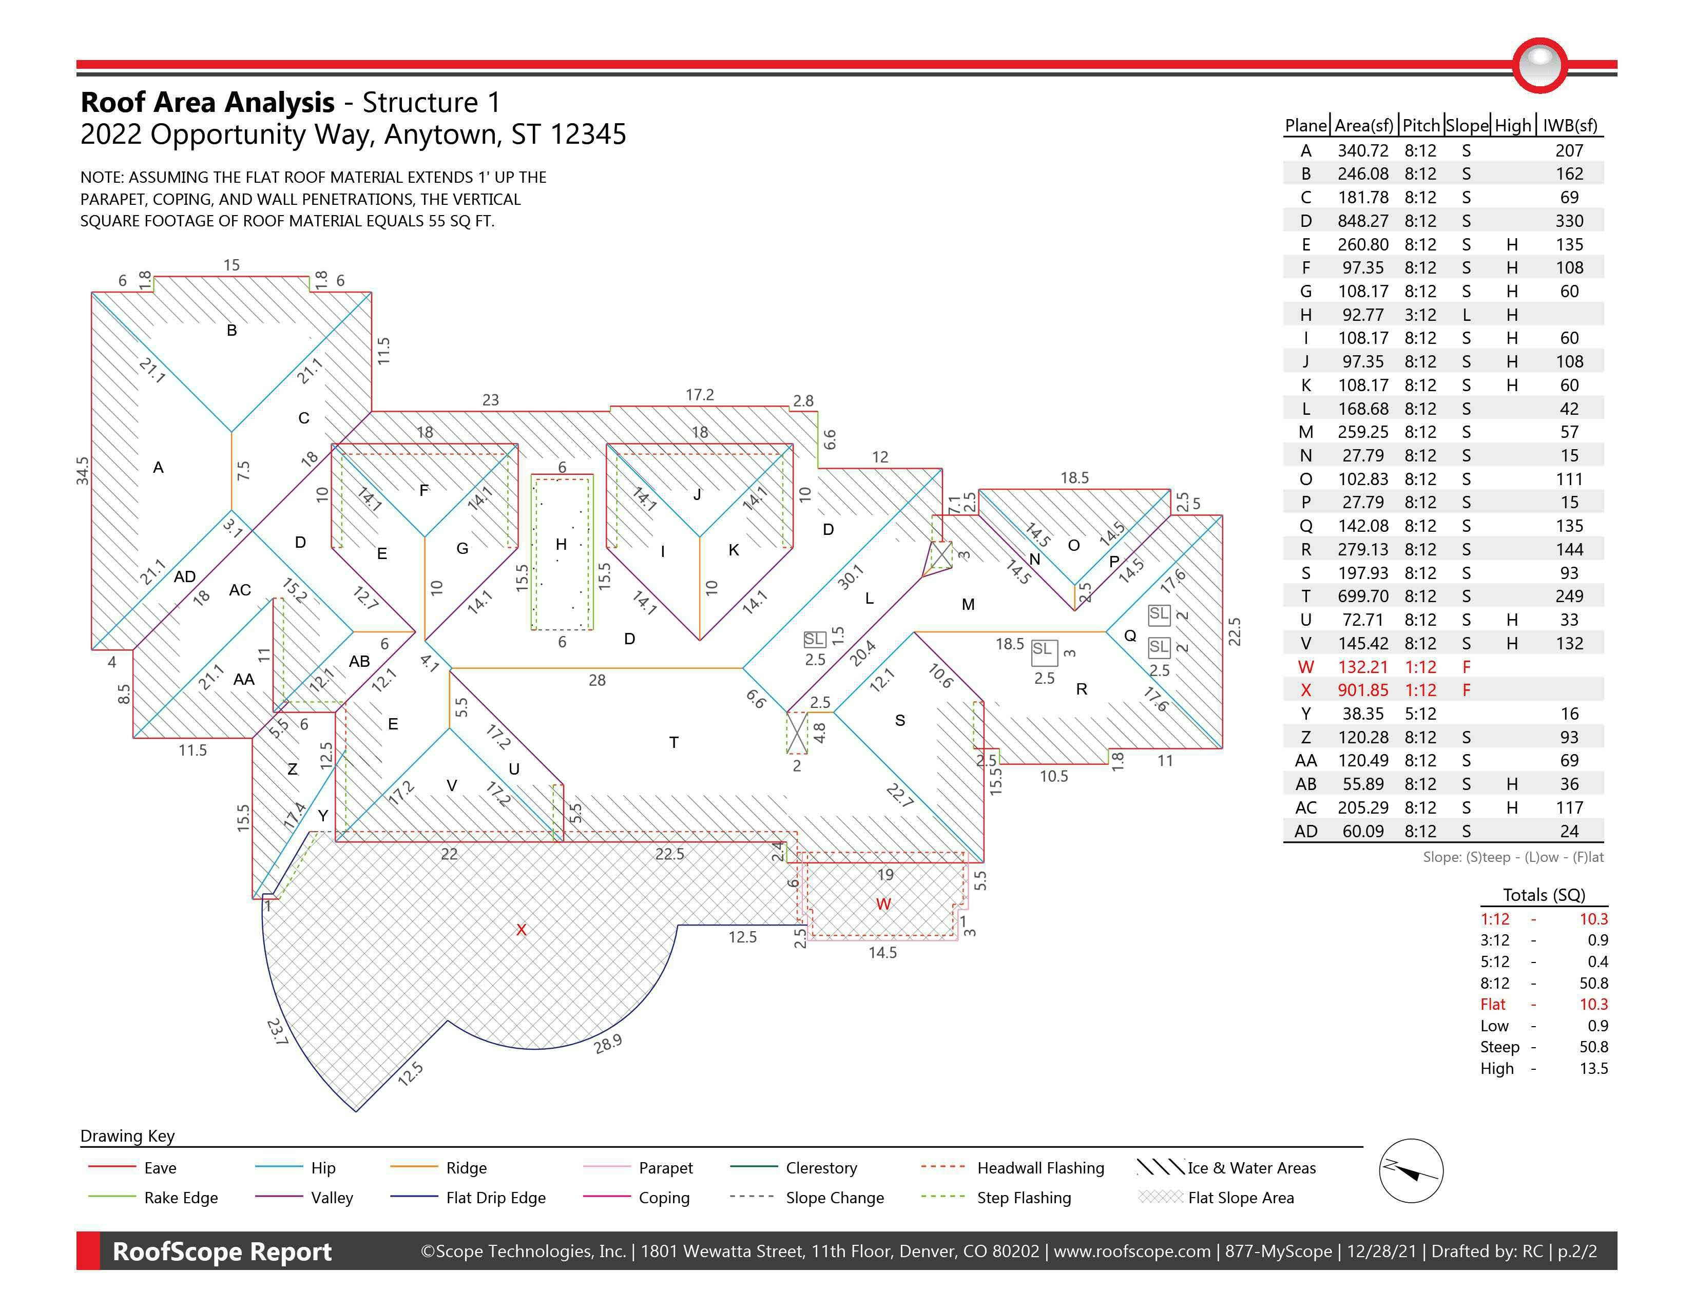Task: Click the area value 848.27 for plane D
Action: [1363, 221]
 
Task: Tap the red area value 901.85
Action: [1363, 690]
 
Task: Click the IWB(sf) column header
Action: [1570, 126]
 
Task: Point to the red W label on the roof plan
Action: [883, 904]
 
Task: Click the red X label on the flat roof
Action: [521, 930]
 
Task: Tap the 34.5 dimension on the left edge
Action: [82, 471]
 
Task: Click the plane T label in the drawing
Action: [673, 743]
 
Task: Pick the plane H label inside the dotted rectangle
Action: [561, 544]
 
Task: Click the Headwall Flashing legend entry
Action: [1040, 1168]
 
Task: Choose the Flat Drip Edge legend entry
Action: [496, 1198]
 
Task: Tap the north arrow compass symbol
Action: [1411, 1171]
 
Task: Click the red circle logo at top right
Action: [1539, 65]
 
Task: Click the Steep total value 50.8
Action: [1593, 1047]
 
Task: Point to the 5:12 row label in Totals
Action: [1495, 961]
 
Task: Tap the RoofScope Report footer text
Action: [222, 1252]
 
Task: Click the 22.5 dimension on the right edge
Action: [1234, 631]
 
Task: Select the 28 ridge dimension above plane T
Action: [596, 680]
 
